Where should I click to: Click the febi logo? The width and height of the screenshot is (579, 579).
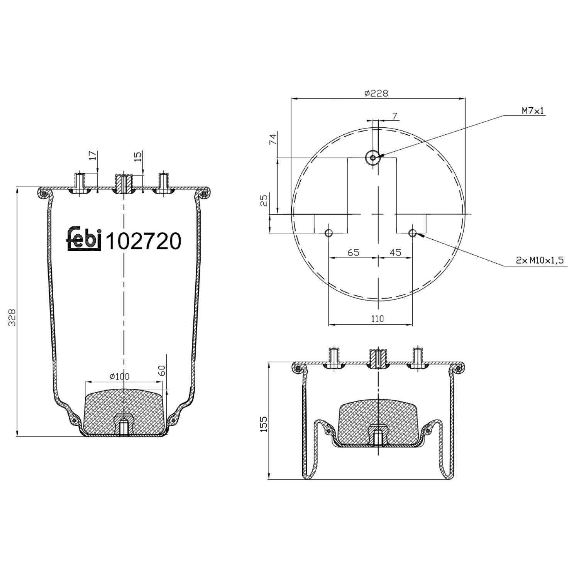coord(85,239)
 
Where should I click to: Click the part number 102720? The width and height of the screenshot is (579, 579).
coord(143,241)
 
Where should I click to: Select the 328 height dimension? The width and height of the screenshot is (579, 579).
coord(13,317)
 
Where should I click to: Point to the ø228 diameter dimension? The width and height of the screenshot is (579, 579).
coord(376,93)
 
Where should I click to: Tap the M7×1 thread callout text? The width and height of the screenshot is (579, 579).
coord(533,111)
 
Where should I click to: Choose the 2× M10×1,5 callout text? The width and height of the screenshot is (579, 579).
coord(540,261)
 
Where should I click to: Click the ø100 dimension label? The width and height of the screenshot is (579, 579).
coord(119,376)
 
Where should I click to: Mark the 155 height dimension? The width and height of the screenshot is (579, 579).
coord(264,424)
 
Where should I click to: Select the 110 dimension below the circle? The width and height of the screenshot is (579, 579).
coord(378,318)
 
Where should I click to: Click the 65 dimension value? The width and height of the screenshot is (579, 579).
coord(353,252)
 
